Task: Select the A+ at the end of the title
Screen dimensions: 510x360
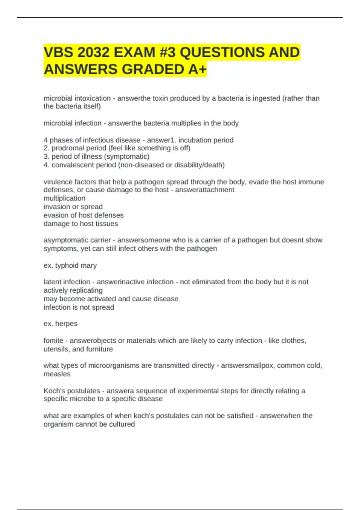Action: [198, 70]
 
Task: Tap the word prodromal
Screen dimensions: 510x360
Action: [65, 148]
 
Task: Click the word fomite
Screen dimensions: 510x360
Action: [53, 341]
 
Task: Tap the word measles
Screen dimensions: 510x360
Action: [57, 374]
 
